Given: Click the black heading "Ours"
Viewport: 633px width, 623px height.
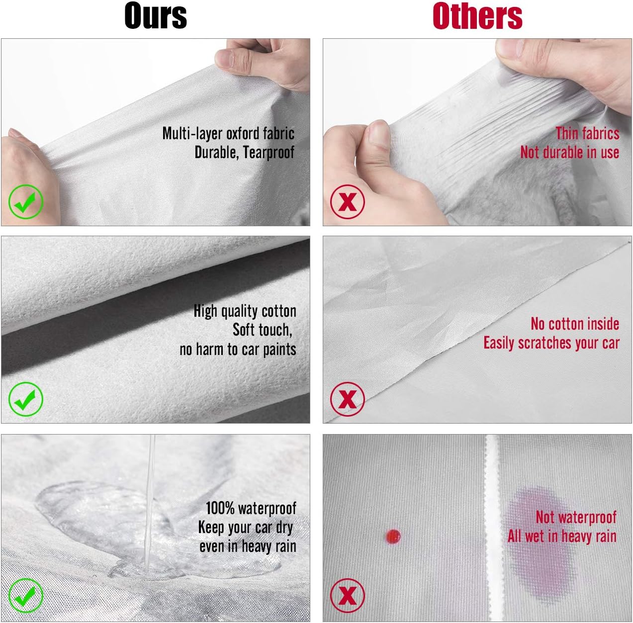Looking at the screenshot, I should pyautogui.click(x=156, y=16).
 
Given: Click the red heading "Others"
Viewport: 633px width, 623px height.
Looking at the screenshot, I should pyautogui.click(x=477, y=16).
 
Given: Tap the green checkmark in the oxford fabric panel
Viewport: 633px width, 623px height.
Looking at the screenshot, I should pyautogui.click(x=26, y=201).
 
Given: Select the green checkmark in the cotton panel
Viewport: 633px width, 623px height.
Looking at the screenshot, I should pyautogui.click(x=26, y=399).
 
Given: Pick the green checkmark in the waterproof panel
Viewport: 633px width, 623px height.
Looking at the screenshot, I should pyautogui.click(x=26, y=596).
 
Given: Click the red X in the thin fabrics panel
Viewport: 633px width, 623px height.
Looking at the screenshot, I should pyautogui.click(x=348, y=201).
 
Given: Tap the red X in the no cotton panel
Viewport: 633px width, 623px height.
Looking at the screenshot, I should pyautogui.click(x=348, y=399).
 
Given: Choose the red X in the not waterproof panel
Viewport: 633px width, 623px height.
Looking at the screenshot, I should pyautogui.click(x=348, y=596).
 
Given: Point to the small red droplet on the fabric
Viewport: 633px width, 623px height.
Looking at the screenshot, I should pyautogui.click(x=393, y=536).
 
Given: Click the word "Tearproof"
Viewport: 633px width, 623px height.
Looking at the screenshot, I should pyautogui.click(x=269, y=152).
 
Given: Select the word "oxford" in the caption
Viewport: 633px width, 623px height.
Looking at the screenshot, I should pyautogui.click(x=243, y=133).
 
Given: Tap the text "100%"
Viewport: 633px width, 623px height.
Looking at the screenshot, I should pyautogui.click(x=220, y=508).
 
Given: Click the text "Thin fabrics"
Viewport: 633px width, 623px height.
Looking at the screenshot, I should pyautogui.click(x=587, y=133).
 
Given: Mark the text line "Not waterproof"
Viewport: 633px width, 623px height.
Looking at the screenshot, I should pyautogui.click(x=576, y=517).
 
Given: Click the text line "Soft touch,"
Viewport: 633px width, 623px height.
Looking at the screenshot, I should pyautogui.click(x=262, y=330).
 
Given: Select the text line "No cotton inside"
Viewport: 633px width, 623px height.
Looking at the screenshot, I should pyautogui.click(x=575, y=324).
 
